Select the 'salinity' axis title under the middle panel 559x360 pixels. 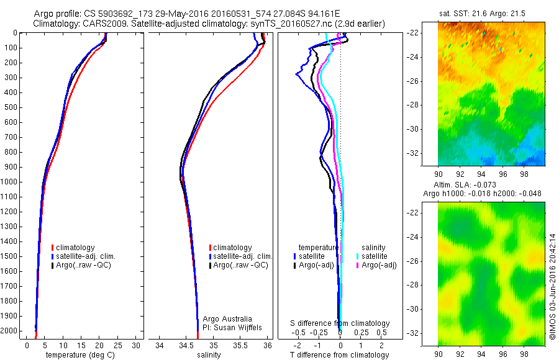click(x=209, y=355)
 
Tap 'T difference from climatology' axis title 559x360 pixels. click(x=339, y=355)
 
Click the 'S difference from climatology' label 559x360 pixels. click(x=340, y=323)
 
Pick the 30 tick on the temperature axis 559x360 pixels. click(x=136, y=345)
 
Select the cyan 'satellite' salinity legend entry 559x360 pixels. click(x=375, y=256)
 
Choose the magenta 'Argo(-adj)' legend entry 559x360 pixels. click(x=378, y=265)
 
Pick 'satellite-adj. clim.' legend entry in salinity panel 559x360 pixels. click(x=243, y=256)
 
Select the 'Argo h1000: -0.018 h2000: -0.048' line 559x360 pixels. click(x=482, y=194)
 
